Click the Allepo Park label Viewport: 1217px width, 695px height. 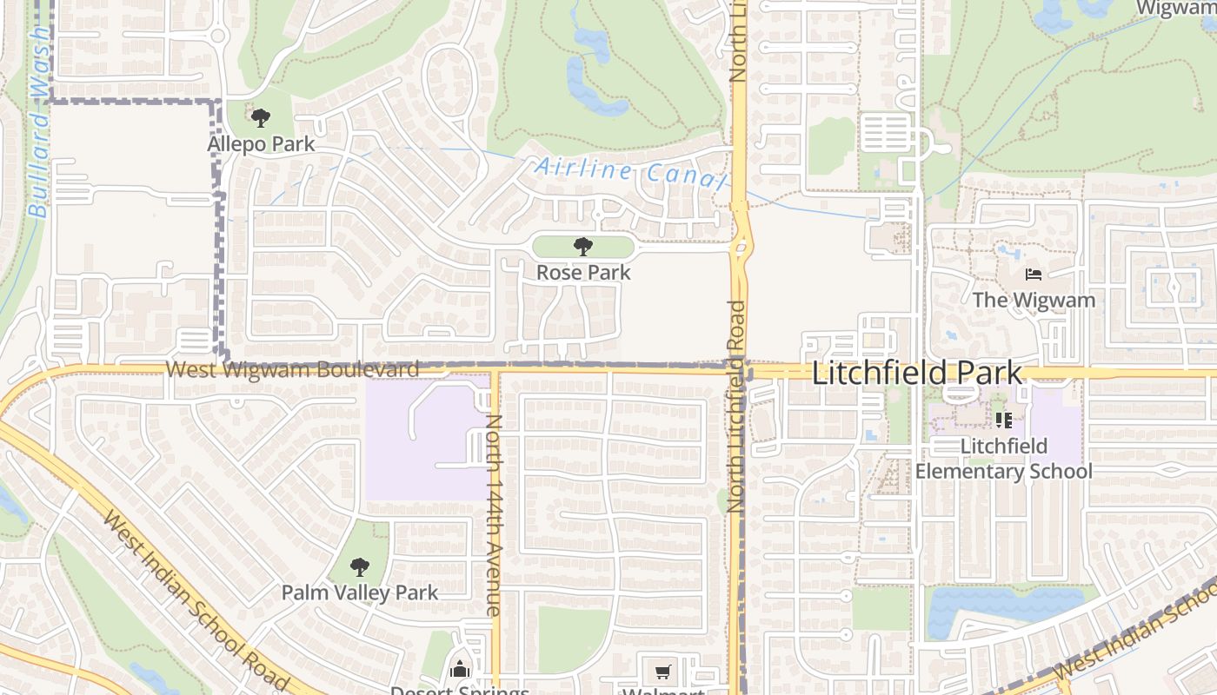tap(261, 143)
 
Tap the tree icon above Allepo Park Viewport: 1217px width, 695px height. tap(260, 118)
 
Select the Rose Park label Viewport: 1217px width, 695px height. tap(583, 272)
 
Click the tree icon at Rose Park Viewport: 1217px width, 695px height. tap(583, 247)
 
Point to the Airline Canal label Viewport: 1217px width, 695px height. tap(629, 171)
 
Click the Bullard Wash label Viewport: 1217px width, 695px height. tap(38, 122)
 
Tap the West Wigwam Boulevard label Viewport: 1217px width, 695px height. tap(292, 369)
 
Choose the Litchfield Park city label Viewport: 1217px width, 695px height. tap(917, 374)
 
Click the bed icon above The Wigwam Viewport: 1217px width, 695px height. tap(1033, 275)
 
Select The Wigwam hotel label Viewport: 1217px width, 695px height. tap(1034, 300)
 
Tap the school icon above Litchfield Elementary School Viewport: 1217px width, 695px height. tap(1003, 420)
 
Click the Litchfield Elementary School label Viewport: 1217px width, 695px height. tap(1004, 459)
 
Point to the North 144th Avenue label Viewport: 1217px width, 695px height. tap(493, 514)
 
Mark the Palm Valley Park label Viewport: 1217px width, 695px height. tap(360, 592)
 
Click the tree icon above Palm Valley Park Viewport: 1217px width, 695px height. tap(360, 568)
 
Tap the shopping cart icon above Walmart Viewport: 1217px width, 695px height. tap(663, 672)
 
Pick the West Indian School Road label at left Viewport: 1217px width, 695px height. tap(195, 599)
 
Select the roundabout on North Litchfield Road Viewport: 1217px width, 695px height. tap(740, 248)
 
